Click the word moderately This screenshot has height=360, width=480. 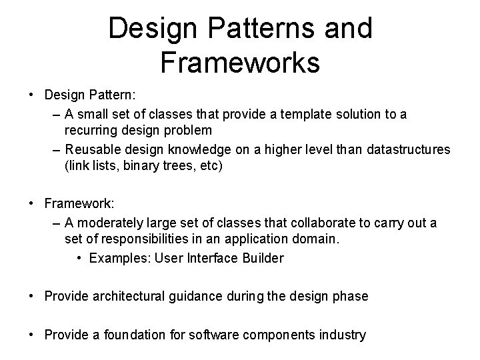[x=111, y=223]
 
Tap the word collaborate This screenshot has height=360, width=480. [x=323, y=223]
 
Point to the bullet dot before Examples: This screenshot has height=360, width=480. [x=79, y=258]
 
